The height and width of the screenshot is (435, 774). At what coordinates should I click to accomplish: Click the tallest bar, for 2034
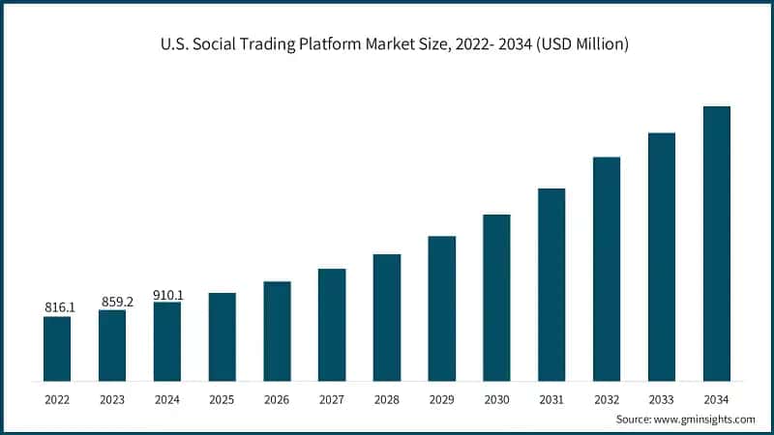point(716,242)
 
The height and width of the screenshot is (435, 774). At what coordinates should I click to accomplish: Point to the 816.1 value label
point(58,307)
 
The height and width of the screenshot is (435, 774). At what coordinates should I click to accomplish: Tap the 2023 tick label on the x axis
point(112,398)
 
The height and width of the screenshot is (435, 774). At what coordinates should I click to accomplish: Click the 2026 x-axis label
point(277,398)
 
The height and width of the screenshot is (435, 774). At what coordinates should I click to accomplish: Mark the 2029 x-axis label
point(441,398)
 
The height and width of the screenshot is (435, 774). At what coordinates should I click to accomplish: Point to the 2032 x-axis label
point(607,398)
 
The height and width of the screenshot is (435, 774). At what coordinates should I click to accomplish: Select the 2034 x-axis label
point(716,398)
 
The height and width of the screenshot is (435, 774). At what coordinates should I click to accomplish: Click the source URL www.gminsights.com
point(706,420)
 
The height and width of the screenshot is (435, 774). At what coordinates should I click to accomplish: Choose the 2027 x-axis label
point(332,398)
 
